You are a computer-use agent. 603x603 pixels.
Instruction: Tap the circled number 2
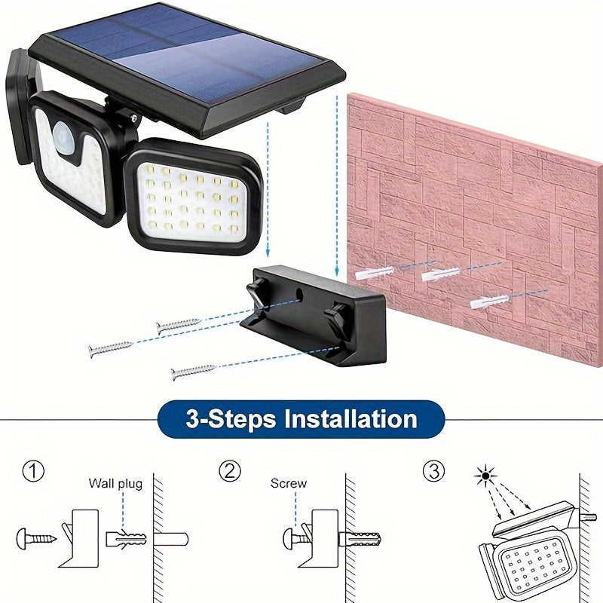(230, 473)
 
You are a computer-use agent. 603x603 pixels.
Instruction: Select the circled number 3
(433, 473)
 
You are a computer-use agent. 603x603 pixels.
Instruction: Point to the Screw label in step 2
(289, 483)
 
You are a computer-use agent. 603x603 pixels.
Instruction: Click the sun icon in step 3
(482, 476)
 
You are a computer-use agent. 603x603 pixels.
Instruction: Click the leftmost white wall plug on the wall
(373, 272)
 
